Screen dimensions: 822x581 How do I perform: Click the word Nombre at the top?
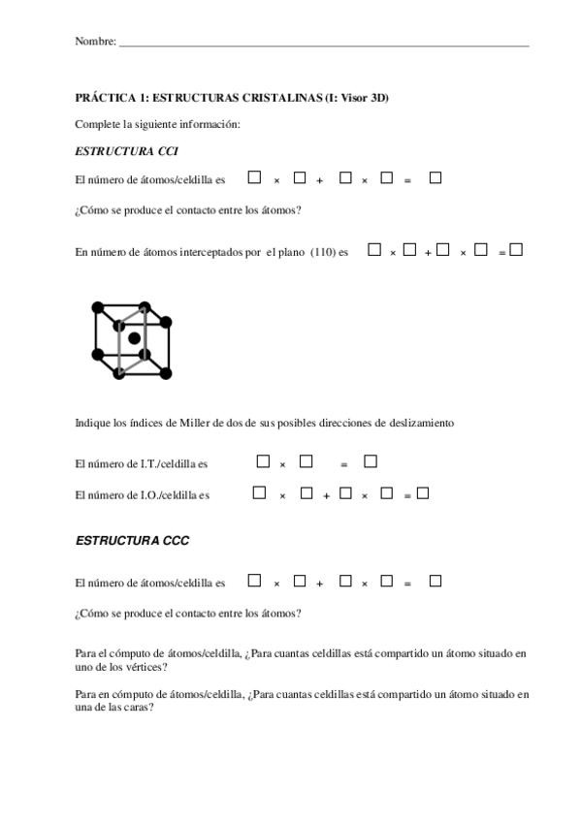click(94, 42)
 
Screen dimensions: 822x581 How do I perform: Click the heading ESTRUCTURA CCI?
click(126, 151)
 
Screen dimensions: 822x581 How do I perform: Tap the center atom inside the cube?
click(135, 337)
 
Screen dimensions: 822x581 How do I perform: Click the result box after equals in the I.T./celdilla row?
click(370, 461)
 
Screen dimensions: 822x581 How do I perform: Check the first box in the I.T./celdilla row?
click(263, 461)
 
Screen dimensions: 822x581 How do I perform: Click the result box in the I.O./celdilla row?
click(422, 493)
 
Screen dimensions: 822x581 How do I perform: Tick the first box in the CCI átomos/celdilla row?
click(254, 177)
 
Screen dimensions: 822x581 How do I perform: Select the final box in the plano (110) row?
click(516, 249)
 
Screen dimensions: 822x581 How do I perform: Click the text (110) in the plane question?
click(323, 252)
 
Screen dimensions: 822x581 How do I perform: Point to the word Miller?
click(195, 423)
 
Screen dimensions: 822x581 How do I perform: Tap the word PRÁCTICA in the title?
click(100, 98)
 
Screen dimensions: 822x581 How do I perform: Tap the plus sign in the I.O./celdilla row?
click(327, 495)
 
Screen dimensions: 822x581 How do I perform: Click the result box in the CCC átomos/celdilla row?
click(436, 581)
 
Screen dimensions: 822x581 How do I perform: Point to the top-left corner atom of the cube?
click(97, 307)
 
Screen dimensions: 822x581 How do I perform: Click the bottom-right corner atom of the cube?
click(166, 373)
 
